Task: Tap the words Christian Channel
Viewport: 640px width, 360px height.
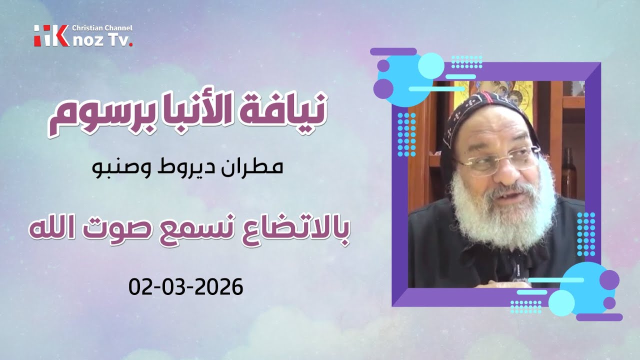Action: [x=102, y=28]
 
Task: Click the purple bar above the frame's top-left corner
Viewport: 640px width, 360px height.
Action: [x=393, y=51]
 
